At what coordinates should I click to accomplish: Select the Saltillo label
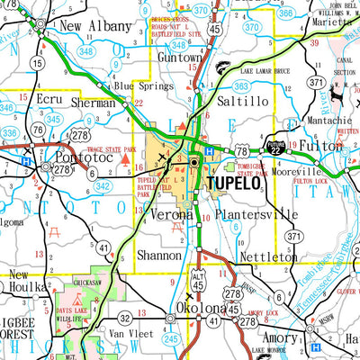tap(238, 102)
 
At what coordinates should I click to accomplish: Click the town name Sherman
tap(93, 103)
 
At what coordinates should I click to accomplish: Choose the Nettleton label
tap(267, 257)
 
